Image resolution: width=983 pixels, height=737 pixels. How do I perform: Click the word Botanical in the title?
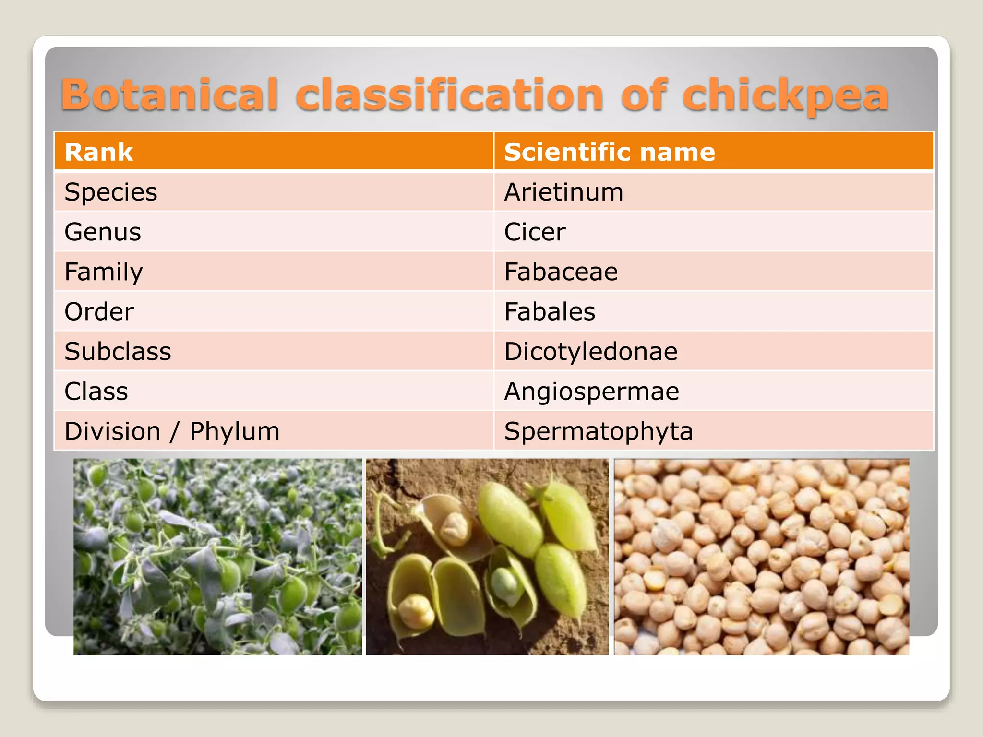[169, 95]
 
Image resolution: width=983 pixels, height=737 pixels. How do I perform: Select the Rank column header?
[98, 152]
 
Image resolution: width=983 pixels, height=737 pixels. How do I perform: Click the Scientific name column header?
[610, 152]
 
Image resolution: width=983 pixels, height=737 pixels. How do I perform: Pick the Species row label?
[111, 192]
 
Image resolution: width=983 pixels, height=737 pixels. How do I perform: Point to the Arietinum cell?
[564, 192]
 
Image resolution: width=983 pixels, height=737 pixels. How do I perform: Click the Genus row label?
[103, 232]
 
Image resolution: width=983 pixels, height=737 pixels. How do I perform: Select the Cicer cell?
[535, 232]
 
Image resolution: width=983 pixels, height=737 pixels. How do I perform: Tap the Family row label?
[104, 272]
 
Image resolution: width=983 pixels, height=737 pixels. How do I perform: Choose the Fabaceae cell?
[561, 272]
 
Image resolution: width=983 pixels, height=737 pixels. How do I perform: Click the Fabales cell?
[550, 312]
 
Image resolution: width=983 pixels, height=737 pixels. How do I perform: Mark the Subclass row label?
[118, 352]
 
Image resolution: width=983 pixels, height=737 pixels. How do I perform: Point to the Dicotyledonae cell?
[591, 352]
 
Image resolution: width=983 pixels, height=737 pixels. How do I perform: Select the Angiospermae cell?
[592, 392]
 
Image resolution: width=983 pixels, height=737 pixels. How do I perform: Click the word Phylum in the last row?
[235, 431]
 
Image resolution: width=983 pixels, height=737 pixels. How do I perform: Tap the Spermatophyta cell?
[599, 431]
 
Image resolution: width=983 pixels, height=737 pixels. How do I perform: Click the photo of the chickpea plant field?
[217, 557]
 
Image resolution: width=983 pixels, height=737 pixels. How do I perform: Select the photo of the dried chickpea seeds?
[761, 557]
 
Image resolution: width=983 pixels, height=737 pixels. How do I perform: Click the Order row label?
[99, 312]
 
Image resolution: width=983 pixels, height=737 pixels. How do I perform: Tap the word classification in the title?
[449, 95]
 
